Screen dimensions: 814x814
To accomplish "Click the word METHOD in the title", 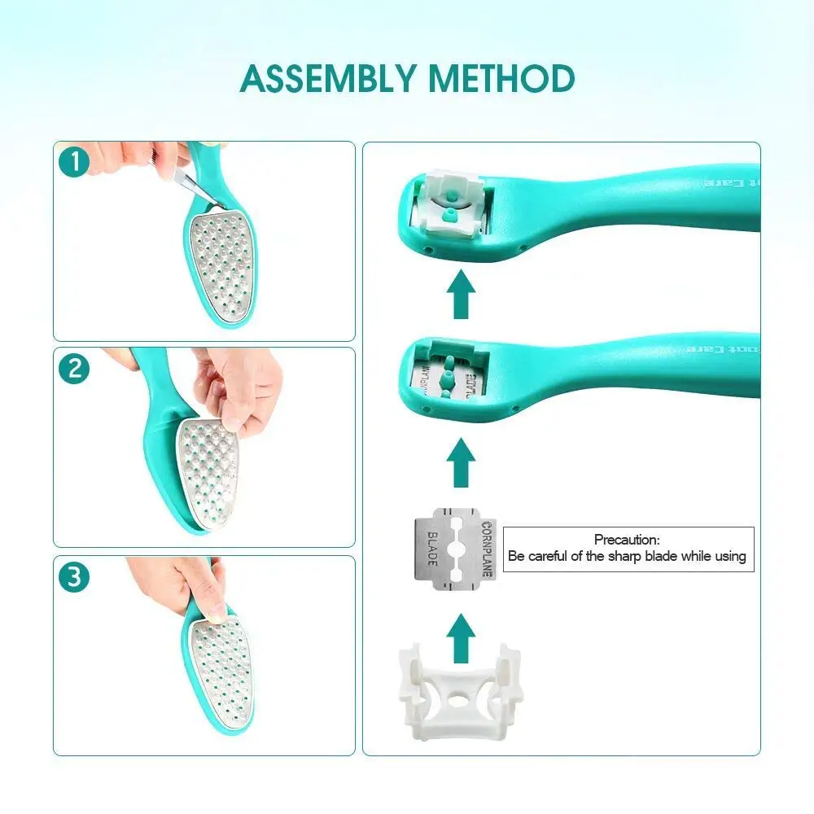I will point(501,79).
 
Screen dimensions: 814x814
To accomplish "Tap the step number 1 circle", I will point(75,162).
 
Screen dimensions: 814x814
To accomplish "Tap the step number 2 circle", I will point(75,369).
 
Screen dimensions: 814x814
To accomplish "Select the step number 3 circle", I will point(75,577).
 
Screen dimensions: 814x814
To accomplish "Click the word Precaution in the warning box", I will point(626,540).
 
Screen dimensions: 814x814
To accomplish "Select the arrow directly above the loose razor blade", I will point(462,462).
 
